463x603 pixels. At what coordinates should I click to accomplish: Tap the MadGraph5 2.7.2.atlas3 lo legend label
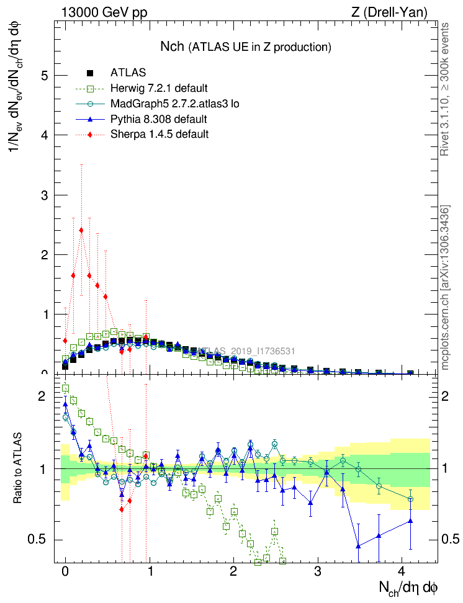174,104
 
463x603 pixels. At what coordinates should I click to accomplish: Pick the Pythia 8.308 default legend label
158,118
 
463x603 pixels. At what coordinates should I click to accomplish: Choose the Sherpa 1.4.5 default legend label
159,134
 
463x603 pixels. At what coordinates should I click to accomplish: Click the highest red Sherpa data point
81,230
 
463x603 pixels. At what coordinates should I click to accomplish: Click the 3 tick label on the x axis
317,570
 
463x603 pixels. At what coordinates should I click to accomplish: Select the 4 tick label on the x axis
402,570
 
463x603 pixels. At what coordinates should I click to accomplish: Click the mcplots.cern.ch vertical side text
444,288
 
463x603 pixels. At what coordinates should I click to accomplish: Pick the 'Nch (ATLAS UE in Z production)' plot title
245,47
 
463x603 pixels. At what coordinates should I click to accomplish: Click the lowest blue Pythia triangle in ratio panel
358,546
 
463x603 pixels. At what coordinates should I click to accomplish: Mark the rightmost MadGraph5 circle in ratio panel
410,499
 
